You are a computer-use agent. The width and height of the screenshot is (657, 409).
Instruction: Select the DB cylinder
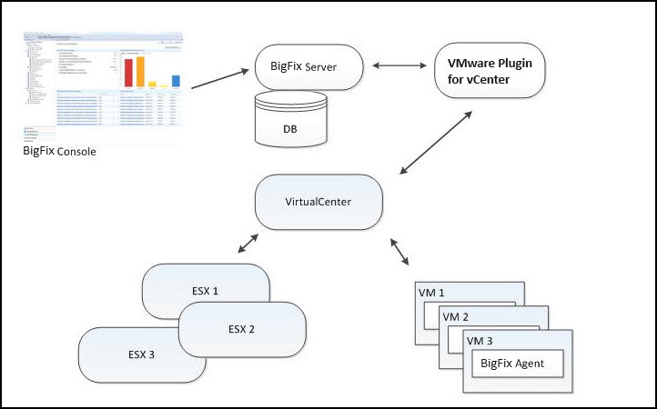[289, 121]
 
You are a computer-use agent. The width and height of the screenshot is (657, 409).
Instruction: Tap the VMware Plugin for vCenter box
[490, 72]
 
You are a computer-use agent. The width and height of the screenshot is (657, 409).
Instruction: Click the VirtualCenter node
[318, 201]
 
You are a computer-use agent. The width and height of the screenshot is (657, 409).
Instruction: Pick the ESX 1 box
[207, 291]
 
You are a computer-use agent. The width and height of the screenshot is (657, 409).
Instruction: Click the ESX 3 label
[139, 354]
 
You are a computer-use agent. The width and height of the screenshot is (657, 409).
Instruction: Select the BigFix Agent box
[515, 364]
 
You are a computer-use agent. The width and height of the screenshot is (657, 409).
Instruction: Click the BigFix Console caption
[59, 151]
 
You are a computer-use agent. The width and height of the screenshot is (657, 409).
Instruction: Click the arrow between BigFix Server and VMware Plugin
[399, 66]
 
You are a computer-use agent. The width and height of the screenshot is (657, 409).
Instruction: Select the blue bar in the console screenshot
[176, 81]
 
